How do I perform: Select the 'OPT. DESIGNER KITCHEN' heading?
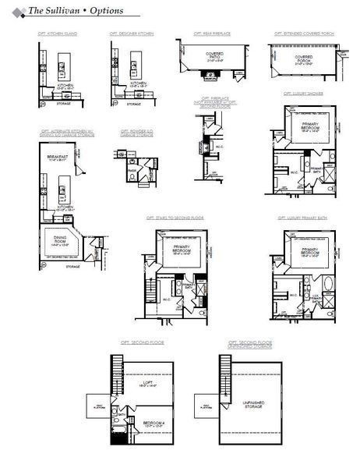point(132,34)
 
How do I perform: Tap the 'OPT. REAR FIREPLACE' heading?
point(209,34)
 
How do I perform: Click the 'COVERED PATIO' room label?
point(214,55)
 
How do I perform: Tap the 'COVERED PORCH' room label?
point(304,58)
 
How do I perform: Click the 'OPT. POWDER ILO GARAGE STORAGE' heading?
point(134,132)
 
